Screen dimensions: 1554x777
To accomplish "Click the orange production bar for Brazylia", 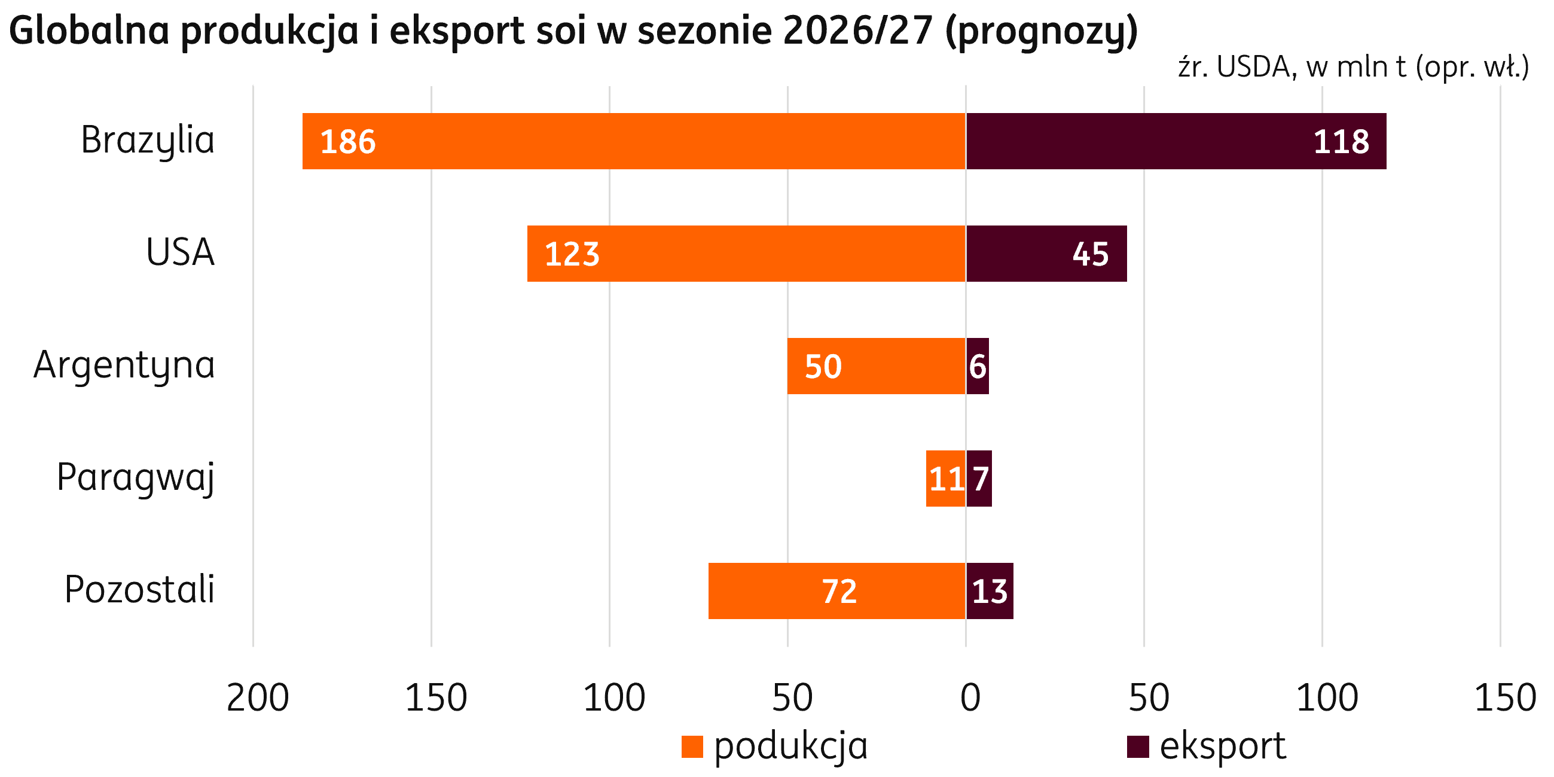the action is point(634,141).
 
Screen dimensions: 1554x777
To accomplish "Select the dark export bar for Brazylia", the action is point(1176,141).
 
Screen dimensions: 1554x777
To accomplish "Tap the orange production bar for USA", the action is point(746,254).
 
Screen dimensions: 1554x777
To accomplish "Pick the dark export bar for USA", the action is point(1046,254).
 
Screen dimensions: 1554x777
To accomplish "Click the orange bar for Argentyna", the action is point(877,366).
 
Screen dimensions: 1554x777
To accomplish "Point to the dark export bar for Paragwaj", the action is point(979,479).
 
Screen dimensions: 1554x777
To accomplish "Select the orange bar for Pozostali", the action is point(837,591).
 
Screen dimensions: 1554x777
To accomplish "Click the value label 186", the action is point(348,142).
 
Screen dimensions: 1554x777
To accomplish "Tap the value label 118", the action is point(1342,142).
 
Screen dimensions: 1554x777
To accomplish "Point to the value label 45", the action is point(1091,255).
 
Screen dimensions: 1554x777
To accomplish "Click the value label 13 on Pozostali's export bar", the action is point(990,592).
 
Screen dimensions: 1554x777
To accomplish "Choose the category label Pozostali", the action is point(139,590).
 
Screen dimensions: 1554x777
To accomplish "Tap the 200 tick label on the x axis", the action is point(258,699).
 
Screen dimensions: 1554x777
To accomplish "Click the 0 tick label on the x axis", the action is point(970,699).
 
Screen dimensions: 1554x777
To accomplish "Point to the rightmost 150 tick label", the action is point(1505,699).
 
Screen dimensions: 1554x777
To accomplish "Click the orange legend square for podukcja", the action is point(692,747).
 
